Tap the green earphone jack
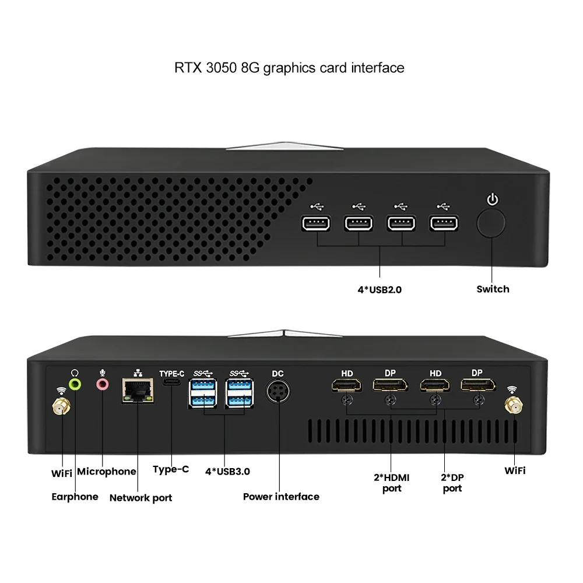(x=75, y=384)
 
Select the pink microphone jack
(x=103, y=384)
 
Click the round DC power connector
(x=278, y=391)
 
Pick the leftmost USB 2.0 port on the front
(x=316, y=223)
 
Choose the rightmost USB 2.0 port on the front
(x=444, y=223)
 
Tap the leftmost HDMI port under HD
(x=346, y=385)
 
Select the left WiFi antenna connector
(x=61, y=406)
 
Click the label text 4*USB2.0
(x=380, y=289)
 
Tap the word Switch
(x=493, y=289)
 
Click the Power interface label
(x=281, y=497)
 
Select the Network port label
(x=141, y=498)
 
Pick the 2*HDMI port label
(x=392, y=483)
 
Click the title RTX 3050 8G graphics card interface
(x=289, y=68)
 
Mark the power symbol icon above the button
(x=493, y=200)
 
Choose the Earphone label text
(x=75, y=497)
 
